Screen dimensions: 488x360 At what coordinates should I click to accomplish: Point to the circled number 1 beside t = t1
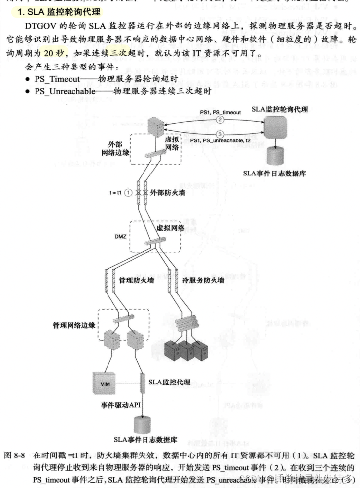tap(128, 193)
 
